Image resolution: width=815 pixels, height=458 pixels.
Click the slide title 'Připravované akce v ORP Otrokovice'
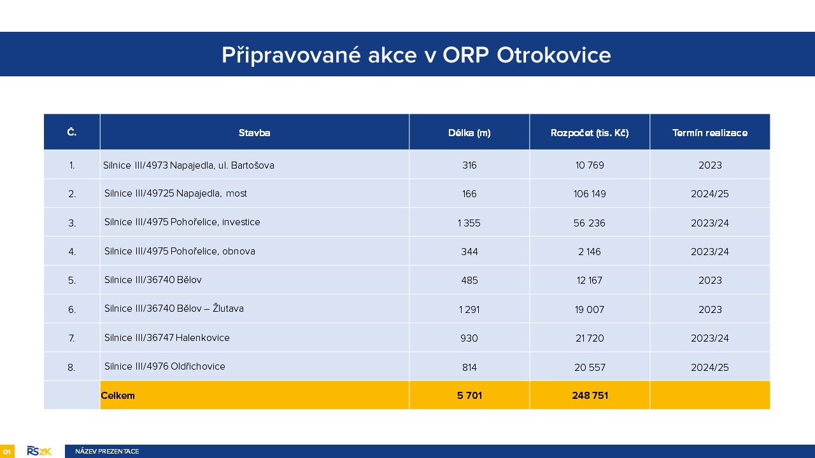[x=416, y=55]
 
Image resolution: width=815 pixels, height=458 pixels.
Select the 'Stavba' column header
[x=254, y=133]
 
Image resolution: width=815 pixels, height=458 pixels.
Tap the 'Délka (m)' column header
[x=469, y=133]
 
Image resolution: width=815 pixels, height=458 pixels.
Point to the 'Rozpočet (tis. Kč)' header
[x=590, y=133]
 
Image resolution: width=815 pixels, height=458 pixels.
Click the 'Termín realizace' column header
[x=710, y=133]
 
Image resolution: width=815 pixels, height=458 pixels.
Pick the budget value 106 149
[x=590, y=194]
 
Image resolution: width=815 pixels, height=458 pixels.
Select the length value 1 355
[x=469, y=223]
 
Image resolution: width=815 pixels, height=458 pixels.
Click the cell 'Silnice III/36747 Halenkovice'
[x=167, y=338]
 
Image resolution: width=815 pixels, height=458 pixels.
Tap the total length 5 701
[x=469, y=396]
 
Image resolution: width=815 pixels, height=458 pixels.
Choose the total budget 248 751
[x=590, y=396]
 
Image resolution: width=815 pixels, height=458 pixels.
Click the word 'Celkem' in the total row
[x=118, y=396]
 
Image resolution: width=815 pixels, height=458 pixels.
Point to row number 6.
[x=72, y=309]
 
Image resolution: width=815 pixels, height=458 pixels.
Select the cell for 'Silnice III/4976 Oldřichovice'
[x=165, y=366]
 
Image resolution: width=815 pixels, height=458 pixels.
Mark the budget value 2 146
[x=590, y=251]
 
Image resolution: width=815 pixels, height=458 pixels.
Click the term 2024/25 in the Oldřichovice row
[x=710, y=368]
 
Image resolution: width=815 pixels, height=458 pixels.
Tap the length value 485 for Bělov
[x=469, y=281]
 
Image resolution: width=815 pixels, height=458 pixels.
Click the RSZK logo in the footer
[x=39, y=451]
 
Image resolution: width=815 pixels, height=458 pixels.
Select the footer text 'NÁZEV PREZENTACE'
[x=107, y=452]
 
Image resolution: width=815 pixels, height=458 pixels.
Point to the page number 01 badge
[x=7, y=452]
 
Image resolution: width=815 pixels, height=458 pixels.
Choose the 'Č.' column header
[x=72, y=132]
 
